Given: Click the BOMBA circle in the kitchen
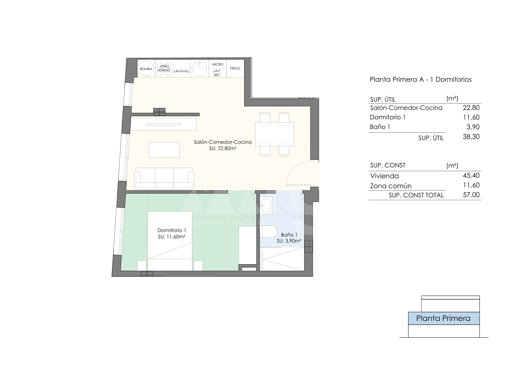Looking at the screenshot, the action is (146, 69).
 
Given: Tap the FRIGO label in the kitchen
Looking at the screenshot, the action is (235, 68).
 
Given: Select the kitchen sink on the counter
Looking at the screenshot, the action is (199, 68).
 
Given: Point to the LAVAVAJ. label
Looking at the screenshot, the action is (182, 71).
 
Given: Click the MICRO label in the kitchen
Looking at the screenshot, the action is (218, 64).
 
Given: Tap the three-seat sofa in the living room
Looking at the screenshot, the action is (164, 179).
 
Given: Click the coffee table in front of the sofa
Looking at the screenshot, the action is (164, 150).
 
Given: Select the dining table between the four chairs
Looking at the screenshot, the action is (274, 134).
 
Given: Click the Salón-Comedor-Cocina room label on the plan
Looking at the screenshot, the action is (223, 142).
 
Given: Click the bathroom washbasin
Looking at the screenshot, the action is (266, 205).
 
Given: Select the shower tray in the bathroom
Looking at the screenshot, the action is (282, 259).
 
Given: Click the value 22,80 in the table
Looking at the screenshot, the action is (471, 108).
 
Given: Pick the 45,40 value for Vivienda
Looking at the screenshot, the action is (471, 175).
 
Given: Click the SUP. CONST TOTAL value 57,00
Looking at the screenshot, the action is (471, 195).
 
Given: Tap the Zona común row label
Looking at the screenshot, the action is (391, 186).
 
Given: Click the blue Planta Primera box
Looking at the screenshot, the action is (444, 318).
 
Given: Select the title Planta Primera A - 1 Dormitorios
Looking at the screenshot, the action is (421, 79).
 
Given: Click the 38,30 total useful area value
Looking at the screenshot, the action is (471, 137).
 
